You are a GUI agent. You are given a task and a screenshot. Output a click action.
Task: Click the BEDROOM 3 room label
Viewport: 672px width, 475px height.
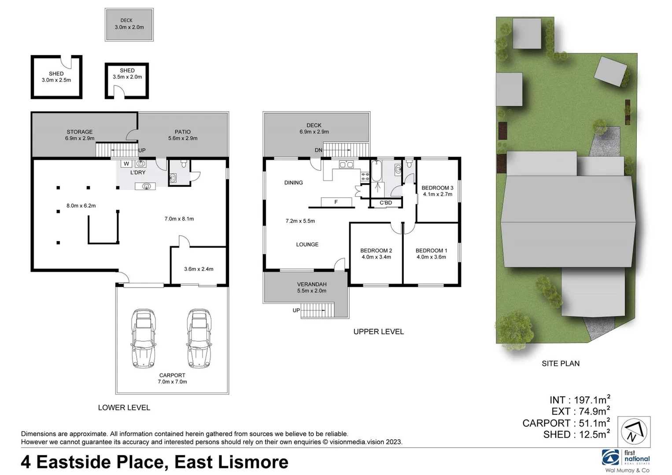point(437,188)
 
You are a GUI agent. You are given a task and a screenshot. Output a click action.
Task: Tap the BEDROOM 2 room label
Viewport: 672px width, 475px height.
point(376,251)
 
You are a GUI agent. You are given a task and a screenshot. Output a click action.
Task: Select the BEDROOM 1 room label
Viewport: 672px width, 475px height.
point(431,251)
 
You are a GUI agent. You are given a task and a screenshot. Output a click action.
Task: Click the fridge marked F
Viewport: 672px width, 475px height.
point(336,202)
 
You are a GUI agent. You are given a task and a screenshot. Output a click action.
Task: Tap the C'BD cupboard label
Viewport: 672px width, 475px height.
point(386,203)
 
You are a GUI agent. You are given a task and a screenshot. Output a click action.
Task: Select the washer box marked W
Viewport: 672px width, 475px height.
point(126,164)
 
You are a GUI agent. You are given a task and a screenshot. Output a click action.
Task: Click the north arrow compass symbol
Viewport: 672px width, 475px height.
point(634,431)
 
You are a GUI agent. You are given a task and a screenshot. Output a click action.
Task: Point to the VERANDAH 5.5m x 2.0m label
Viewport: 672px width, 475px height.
point(312,287)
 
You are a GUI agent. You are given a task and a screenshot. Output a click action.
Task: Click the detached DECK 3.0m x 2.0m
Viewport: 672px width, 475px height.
point(129,25)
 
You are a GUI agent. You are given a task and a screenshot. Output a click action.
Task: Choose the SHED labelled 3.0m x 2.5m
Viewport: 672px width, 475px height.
point(56,77)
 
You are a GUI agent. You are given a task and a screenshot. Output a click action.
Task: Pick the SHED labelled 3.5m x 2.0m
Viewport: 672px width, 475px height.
point(127,74)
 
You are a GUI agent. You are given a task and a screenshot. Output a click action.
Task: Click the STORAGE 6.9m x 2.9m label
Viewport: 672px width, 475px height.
point(80,135)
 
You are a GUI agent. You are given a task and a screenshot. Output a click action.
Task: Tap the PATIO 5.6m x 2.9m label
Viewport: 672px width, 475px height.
point(183,135)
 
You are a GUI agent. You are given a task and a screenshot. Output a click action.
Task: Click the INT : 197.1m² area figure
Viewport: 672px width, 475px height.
point(580,400)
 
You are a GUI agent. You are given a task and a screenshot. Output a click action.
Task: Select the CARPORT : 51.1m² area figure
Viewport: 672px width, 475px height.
point(566,423)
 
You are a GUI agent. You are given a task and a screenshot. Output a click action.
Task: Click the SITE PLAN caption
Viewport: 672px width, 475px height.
point(560,363)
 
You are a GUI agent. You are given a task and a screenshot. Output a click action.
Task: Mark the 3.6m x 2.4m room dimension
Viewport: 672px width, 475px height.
point(199,269)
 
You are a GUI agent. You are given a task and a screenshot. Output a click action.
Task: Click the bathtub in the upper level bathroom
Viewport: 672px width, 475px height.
point(376,172)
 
